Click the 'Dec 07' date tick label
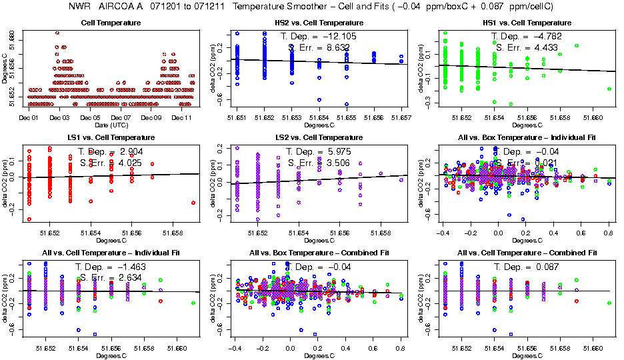tap(121, 117)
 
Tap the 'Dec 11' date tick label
tap(182, 117)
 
